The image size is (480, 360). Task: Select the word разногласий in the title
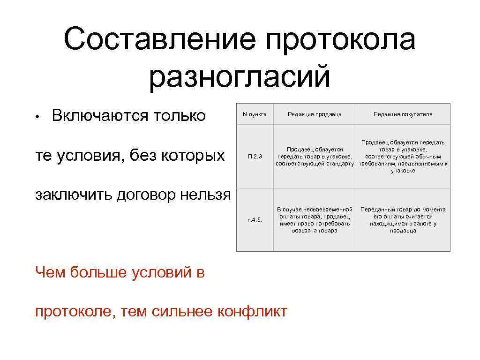tap(240, 77)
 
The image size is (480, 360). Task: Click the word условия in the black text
tap(99, 155)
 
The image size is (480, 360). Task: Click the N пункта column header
tap(255, 114)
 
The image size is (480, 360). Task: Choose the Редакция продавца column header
tap(315, 114)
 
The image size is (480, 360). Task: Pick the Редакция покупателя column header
tap(403, 114)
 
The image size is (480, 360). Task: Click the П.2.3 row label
tap(255, 157)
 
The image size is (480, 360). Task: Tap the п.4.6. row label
tap(255, 220)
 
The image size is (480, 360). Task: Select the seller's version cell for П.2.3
tap(315, 157)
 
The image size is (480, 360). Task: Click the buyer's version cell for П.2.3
tap(403, 157)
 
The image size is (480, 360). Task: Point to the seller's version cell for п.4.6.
tap(315, 220)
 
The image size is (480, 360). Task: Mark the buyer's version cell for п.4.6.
tap(403, 220)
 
